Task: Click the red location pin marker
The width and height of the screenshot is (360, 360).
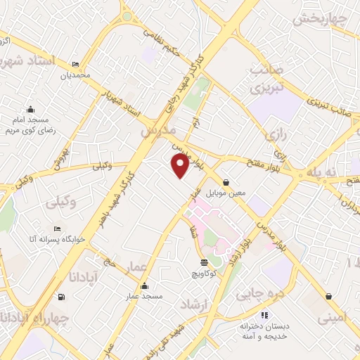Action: pos(180,166)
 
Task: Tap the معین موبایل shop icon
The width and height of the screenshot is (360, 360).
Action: pos(226,181)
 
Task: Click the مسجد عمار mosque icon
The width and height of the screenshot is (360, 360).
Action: pos(144,285)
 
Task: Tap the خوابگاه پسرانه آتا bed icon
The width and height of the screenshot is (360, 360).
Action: pos(58,229)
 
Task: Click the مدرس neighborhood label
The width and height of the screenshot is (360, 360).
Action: pos(156,131)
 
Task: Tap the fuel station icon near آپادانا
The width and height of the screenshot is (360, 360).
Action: pos(63,296)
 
